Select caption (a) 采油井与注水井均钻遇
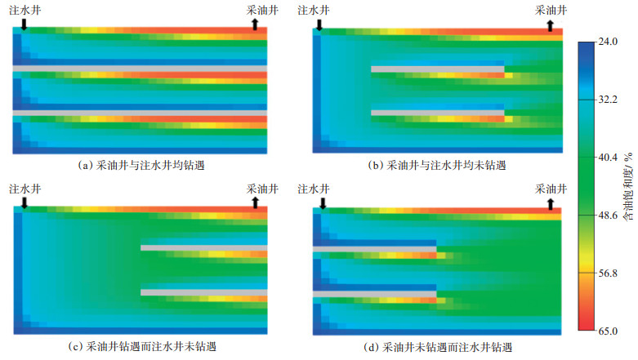(x=140, y=165)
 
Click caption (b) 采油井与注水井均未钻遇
(x=437, y=165)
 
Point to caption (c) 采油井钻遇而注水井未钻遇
(x=140, y=347)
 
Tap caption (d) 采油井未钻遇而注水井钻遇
(x=437, y=347)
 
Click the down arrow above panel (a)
(x=24, y=25)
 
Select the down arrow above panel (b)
(x=319, y=25)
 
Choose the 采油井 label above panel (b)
(x=550, y=10)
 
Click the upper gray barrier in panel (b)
(x=437, y=69)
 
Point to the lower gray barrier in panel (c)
(x=203, y=291)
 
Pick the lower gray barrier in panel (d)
(x=374, y=291)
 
